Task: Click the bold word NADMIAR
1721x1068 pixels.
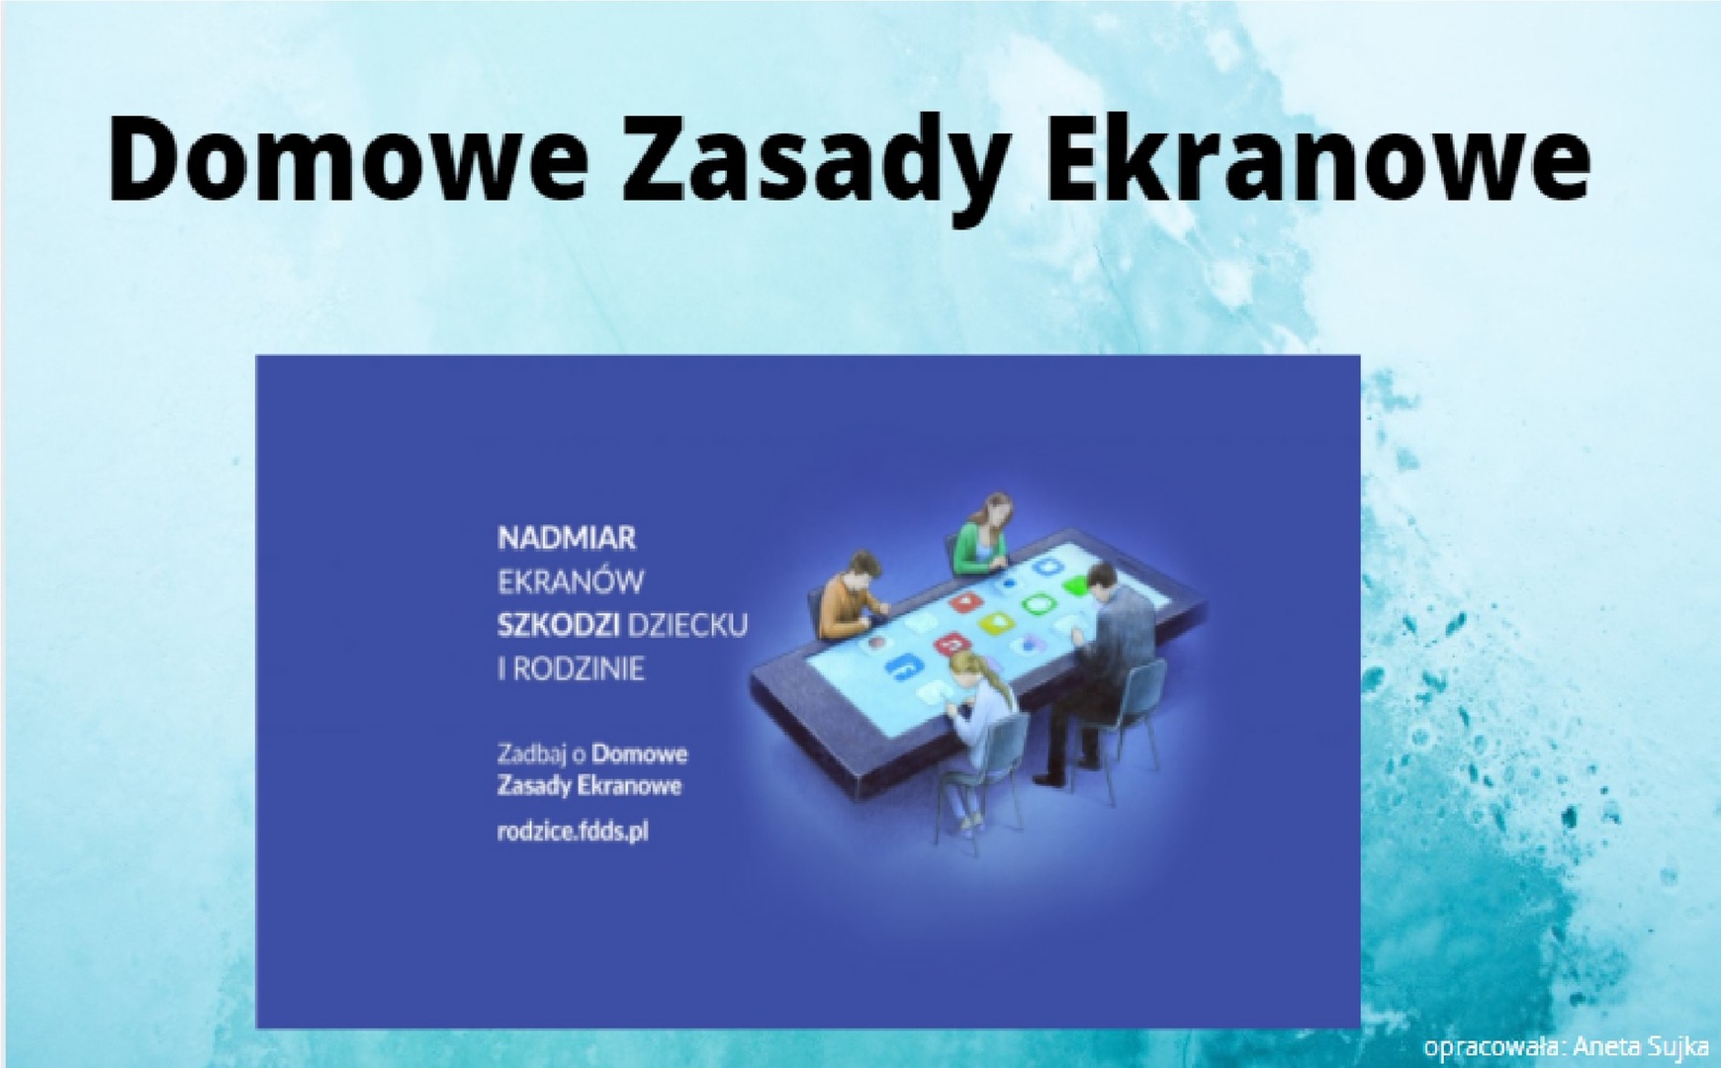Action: tap(567, 539)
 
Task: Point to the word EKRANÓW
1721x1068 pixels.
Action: tap(571, 581)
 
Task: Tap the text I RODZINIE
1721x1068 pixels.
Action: tap(571, 669)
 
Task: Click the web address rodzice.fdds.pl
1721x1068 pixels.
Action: tap(573, 832)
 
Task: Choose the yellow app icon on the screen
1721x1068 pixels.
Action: tap(992, 623)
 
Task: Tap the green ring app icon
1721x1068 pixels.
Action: tap(1037, 603)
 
